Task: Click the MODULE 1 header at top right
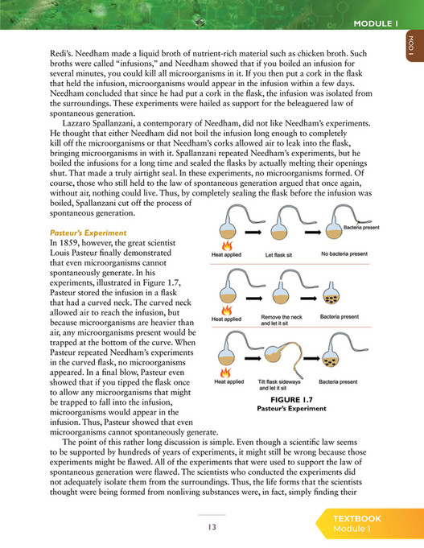(376, 23)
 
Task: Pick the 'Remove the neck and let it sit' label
(281, 322)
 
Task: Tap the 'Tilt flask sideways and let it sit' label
(280, 385)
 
